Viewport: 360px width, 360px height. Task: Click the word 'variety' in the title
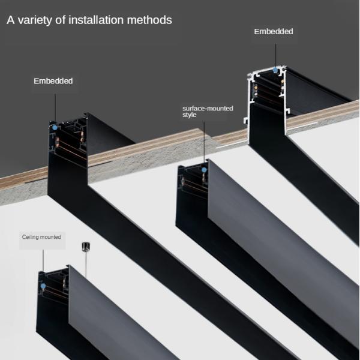click(35, 20)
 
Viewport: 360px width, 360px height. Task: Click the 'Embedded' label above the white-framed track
click(274, 31)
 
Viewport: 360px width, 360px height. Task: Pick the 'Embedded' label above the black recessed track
click(53, 81)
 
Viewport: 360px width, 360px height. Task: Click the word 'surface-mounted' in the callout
click(208, 109)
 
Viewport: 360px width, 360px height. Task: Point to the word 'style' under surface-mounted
click(190, 115)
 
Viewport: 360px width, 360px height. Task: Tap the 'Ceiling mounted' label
click(41, 238)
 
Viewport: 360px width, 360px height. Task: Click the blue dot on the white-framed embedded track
click(275, 70)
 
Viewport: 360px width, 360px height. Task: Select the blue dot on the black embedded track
click(55, 127)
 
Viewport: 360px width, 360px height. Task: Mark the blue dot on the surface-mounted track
click(204, 170)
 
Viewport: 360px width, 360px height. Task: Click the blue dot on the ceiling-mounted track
click(43, 287)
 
